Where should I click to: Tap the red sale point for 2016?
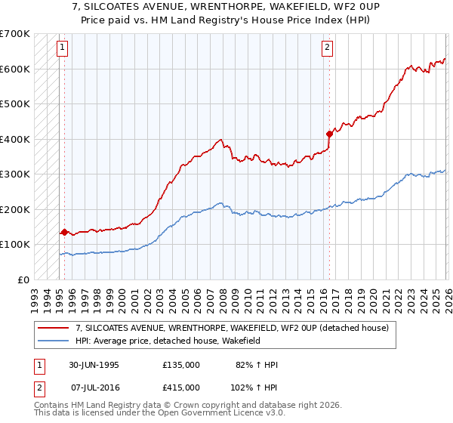point(329,134)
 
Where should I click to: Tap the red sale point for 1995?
point(65,232)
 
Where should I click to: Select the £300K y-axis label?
point(15,174)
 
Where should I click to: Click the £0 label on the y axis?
point(23,279)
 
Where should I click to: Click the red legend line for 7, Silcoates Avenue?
point(54,328)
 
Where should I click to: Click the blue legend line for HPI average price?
point(54,341)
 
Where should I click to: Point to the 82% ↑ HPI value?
point(256,365)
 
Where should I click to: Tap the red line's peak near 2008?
point(220,139)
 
